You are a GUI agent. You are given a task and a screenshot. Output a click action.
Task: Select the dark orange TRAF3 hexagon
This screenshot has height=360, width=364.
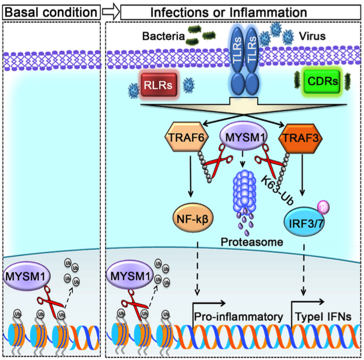(x=296, y=139)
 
